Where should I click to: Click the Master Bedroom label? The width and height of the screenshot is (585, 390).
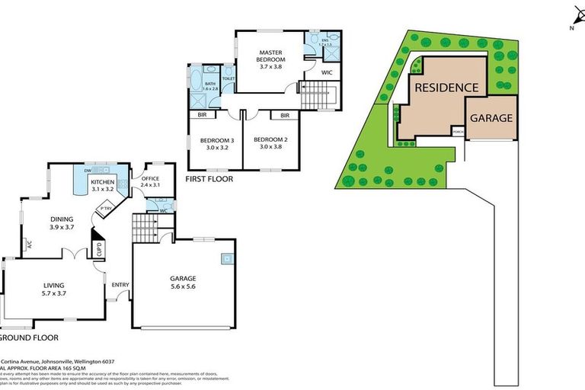(270, 59)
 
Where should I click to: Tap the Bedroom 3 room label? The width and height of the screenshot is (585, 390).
(217, 143)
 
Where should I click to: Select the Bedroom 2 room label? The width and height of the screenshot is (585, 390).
(270, 143)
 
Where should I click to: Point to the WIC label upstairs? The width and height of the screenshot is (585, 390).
(327, 73)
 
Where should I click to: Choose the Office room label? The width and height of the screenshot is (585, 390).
(150, 181)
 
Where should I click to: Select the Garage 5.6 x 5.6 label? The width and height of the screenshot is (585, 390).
(183, 283)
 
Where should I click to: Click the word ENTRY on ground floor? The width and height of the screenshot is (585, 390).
(120, 286)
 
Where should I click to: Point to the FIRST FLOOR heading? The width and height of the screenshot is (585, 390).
(209, 180)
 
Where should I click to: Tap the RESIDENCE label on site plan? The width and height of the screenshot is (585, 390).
(446, 88)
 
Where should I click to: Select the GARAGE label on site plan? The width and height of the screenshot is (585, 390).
(491, 118)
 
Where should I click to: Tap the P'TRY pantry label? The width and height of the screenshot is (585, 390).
(102, 208)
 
